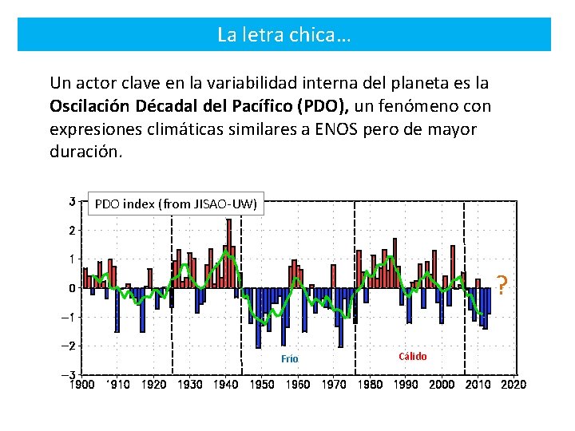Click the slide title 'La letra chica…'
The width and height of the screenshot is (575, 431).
pyautogui.click(x=284, y=35)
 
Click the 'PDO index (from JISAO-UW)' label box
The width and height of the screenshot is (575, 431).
pyautogui.click(x=176, y=204)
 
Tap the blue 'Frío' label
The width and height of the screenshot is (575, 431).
pyautogui.click(x=289, y=359)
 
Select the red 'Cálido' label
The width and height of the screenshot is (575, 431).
pyautogui.click(x=412, y=356)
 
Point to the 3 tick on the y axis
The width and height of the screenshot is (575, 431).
pyautogui.click(x=72, y=201)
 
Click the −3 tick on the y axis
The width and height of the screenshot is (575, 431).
pyautogui.click(x=69, y=375)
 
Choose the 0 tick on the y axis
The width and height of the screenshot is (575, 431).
pyautogui.click(x=72, y=288)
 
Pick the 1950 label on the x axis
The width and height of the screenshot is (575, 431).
pyautogui.click(x=262, y=385)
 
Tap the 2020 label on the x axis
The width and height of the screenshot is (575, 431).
pyautogui.click(x=514, y=385)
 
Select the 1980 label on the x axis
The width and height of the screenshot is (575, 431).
pyautogui.click(x=370, y=385)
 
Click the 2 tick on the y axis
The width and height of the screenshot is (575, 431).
pyautogui.click(x=72, y=231)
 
